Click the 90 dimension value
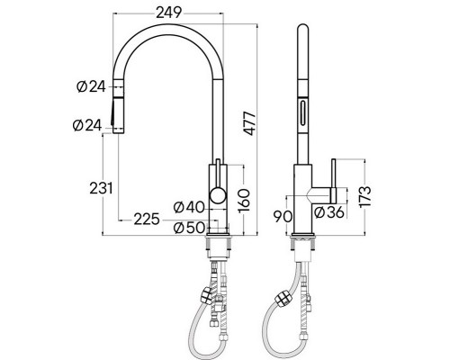(280, 217)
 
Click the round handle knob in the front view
(217, 196)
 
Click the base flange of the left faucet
(219, 237)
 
